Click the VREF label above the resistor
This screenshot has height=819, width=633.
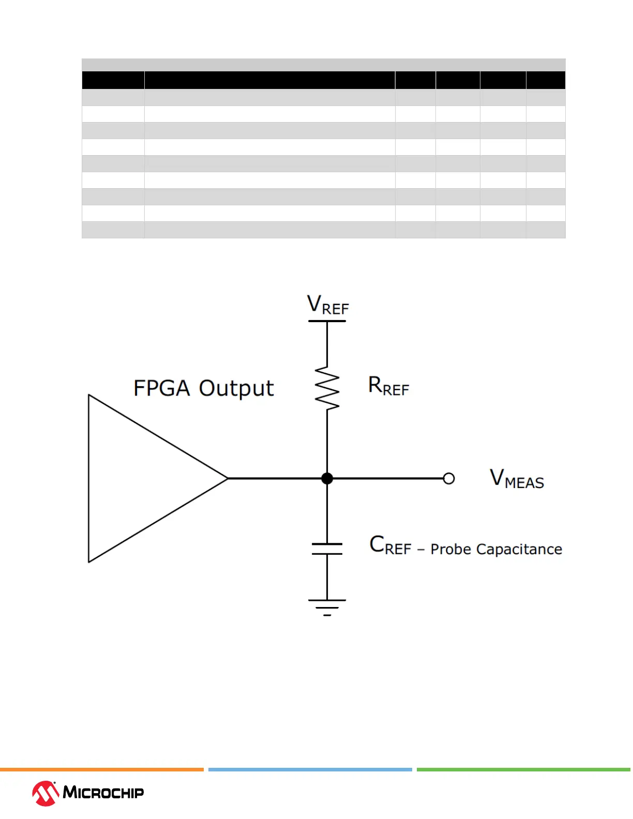(x=328, y=305)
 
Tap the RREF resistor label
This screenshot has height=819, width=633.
(x=388, y=386)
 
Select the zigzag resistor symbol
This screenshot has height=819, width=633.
(x=327, y=388)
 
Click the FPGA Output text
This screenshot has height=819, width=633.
(x=203, y=388)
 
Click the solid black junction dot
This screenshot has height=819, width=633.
(x=327, y=478)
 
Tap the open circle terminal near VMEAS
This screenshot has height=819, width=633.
(x=449, y=478)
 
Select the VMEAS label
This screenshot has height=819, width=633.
(x=517, y=479)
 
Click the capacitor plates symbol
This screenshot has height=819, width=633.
(x=327, y=549)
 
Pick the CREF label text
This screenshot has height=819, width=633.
(x=390, y=546)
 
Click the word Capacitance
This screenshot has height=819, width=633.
(x=519, y=549)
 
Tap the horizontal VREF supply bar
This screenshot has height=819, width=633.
(x=327, y=321)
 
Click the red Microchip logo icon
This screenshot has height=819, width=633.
(x=46, y=793)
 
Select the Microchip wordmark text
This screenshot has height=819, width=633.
(x=103, y=793)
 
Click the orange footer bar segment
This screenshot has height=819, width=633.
(x=101, y=770)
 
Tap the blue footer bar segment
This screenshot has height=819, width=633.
(x=310, y=770)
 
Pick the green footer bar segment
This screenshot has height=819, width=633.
(x=523, y=770)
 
